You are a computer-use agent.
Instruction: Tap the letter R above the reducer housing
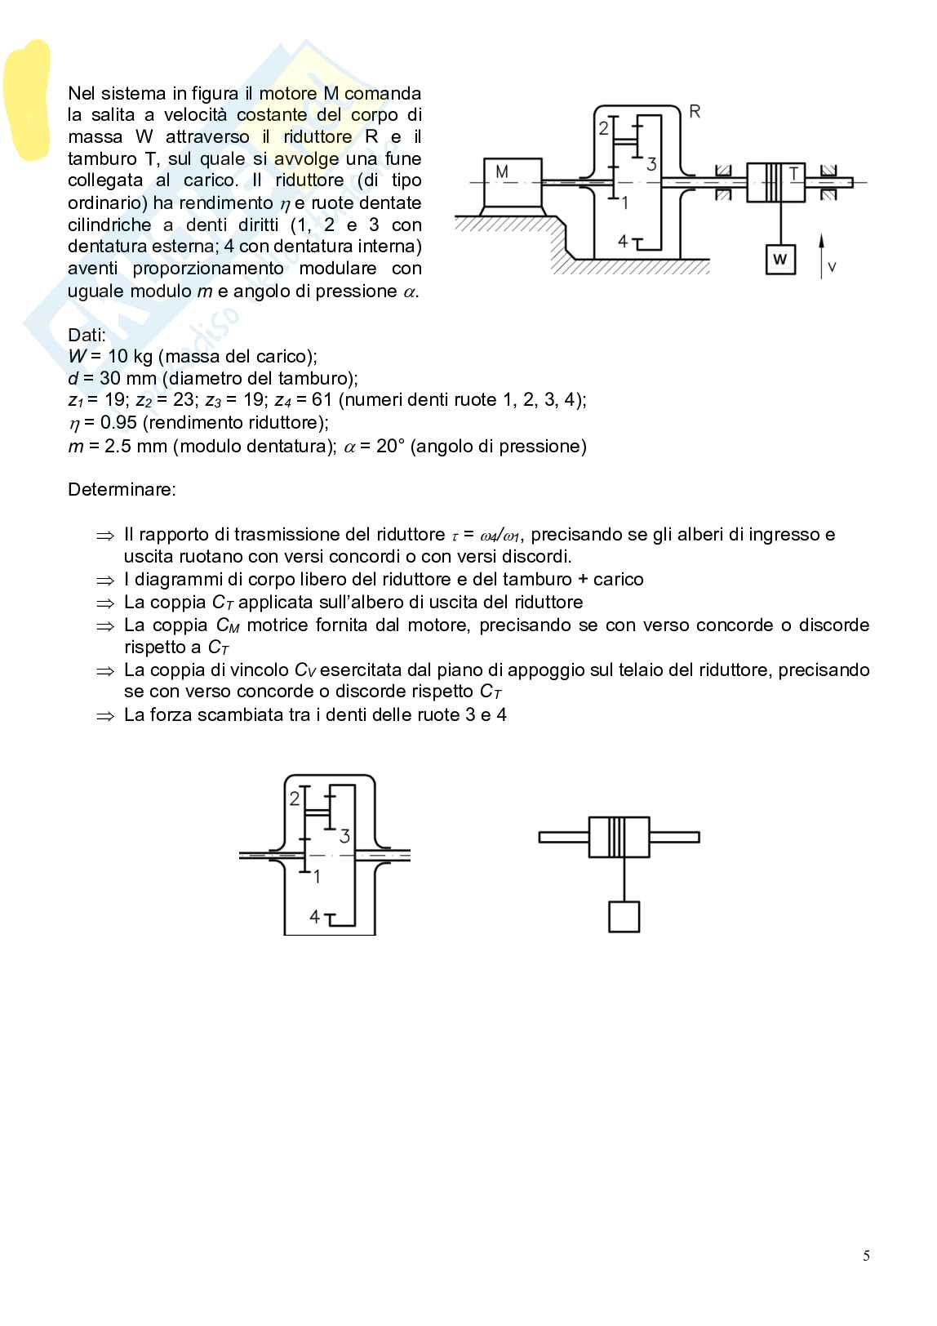[695, 112]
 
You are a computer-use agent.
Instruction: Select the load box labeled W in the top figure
[779, 260]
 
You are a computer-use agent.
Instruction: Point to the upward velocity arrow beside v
[821, 253]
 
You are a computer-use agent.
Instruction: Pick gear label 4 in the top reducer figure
[623, 241]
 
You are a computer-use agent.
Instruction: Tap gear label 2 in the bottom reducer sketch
[295, 799]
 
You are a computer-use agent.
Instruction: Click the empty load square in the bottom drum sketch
[624, 916]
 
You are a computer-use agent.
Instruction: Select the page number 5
[866, 1256]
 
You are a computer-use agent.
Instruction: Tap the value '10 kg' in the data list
[130, 356]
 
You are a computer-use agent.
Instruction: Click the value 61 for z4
[322, 400]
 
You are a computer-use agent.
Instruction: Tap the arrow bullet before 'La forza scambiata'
[106, 715]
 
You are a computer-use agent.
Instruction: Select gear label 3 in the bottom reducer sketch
[344, 836]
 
